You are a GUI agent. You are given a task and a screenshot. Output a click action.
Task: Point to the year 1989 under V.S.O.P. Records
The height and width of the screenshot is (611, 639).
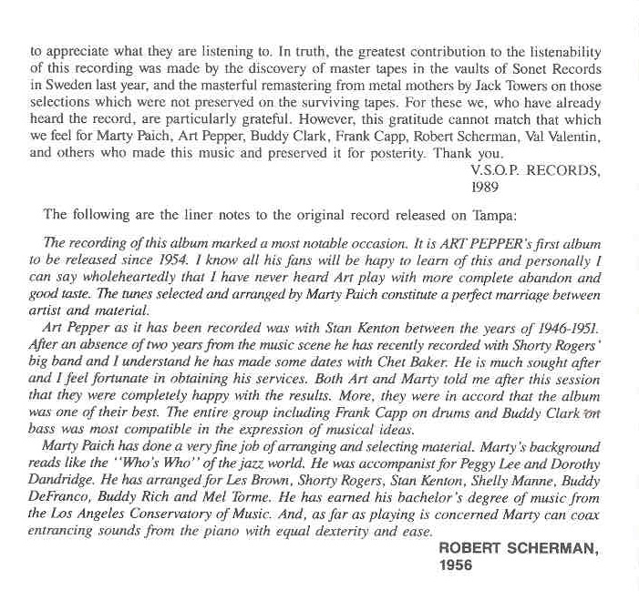click(x=485, y=187)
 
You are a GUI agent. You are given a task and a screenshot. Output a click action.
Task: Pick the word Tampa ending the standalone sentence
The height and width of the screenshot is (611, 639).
click(x=493, y=216)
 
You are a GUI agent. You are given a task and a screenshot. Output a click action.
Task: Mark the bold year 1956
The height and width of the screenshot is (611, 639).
click(x=455, y=565)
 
